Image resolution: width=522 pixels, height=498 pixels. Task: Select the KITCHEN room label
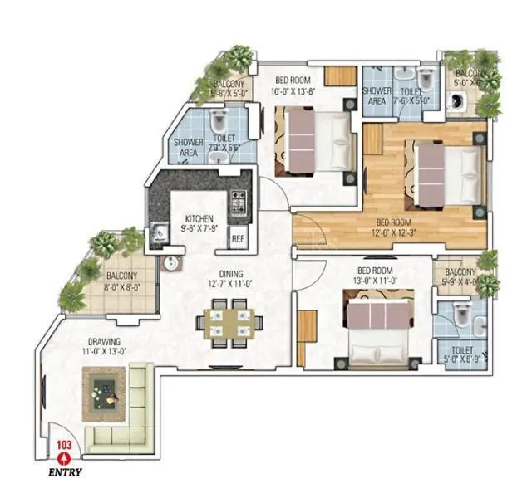[199, 219]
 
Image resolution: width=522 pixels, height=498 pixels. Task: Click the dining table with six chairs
[227, 326]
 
